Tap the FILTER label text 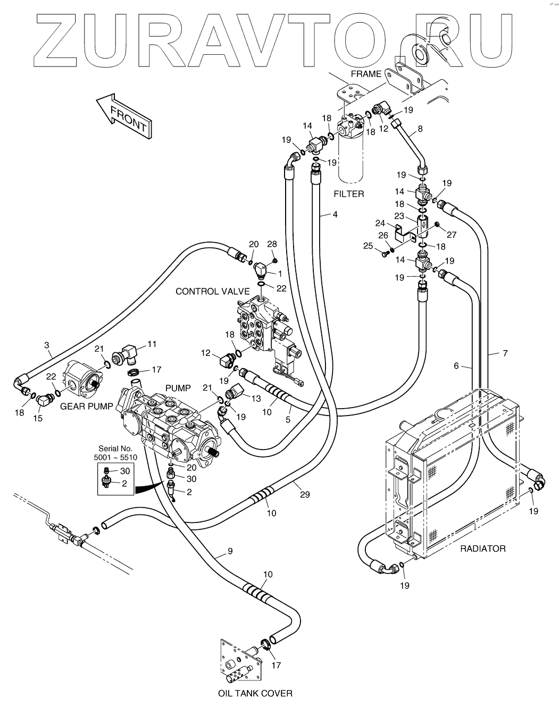click(x=349, y=194)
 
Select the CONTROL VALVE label click(x=213, y=292)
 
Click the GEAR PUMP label click(x=86, y=406)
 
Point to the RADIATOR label click(x=483, y=549)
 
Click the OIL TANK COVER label click(x=255, y=694)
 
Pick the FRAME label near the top click(x=366, y=74)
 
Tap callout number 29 click(x=305, y=494)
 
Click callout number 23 click(x=399, y=216)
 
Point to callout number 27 click(x=452, y=235)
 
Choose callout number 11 click(x=152, y=344)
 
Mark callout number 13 click(x=256, y=398)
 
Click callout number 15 click(x=38, y=418)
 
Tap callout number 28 click(x=272, y=244)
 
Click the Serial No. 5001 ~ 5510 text click(x=115, y=453)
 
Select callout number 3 click(x=47, y=345)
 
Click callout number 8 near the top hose click(x=421, y=129)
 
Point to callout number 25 click(x=368, y=246)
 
